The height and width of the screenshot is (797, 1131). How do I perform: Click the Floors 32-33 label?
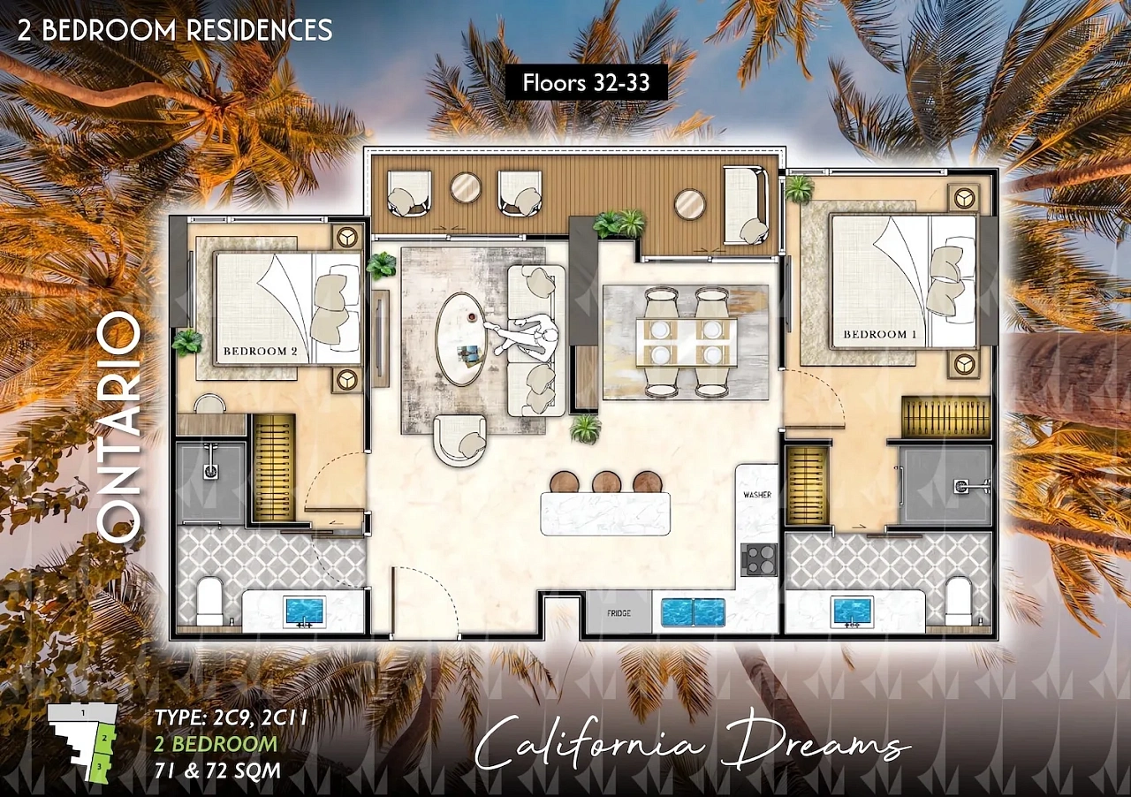tap(586, 83)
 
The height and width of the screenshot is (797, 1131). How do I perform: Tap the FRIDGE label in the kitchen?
tap(619, 613)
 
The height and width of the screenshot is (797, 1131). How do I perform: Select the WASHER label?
tap(757, 495)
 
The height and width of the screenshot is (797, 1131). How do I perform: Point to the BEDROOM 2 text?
tap(261, 352)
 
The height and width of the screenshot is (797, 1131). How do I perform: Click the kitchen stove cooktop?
tap(759, 560)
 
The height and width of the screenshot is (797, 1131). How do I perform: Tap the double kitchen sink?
tap(693, 612)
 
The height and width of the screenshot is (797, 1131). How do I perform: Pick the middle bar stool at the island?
tap(607, 482)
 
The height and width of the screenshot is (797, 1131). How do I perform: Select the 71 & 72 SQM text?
tap(217, 770)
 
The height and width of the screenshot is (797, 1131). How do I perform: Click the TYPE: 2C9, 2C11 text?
tap(231, 717)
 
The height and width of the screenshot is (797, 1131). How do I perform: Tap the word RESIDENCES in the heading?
tap(260, 30)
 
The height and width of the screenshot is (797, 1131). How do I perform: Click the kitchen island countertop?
tap(606, 514)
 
